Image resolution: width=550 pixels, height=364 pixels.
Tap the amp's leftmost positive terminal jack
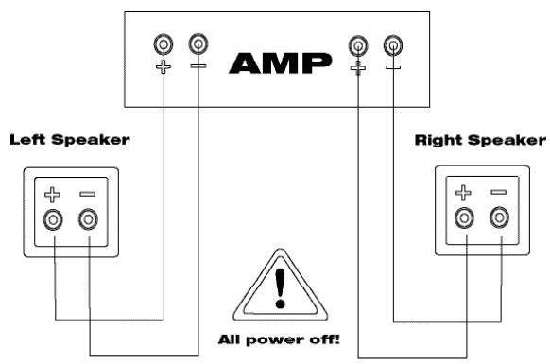164,43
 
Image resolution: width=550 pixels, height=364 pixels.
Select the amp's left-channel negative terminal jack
197,43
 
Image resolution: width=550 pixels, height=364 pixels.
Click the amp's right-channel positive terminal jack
357,43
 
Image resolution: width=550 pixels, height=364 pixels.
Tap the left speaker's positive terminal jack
55,220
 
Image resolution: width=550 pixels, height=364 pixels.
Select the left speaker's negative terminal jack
88,220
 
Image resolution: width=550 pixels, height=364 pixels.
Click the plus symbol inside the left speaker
55,195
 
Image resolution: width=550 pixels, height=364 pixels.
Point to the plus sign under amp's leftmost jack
164,67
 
